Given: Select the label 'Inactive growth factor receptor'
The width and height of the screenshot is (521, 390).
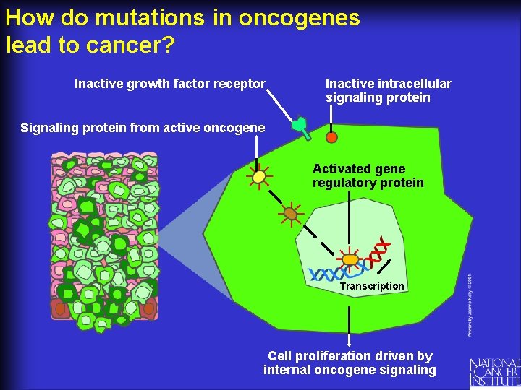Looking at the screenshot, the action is (170, 84).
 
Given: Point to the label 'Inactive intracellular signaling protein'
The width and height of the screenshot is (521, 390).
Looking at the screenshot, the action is (388, 90).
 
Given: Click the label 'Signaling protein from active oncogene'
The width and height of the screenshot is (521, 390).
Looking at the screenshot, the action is (143, 128).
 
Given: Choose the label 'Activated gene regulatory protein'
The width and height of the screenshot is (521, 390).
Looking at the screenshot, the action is (368, 175).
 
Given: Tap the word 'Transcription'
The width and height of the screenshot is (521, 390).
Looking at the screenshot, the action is (372, 286).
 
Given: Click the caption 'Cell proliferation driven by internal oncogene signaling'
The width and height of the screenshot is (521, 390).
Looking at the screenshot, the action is (350, 363).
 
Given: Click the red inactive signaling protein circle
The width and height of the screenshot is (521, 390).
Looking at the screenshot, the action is (331, 136).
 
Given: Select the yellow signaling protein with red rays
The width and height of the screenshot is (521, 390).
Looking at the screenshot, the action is (258, 176).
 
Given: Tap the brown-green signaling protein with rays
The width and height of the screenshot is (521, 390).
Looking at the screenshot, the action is (290, 213).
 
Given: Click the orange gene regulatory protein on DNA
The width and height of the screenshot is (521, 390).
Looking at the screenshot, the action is (350, 259).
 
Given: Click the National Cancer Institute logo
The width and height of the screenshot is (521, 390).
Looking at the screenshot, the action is (494, 371).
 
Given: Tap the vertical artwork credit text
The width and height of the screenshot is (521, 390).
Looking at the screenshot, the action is (469, 303).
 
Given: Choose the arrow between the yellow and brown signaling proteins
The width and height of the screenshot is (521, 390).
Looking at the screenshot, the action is (274, 194).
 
